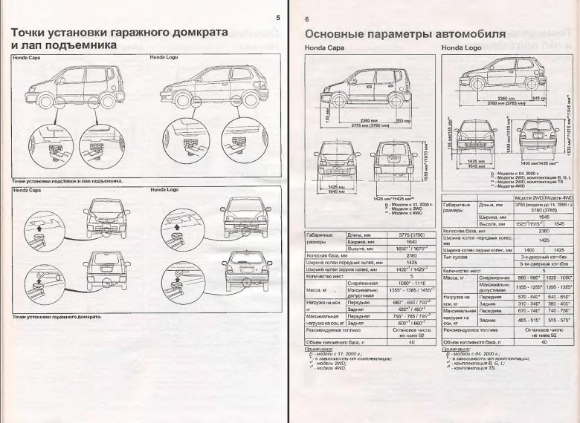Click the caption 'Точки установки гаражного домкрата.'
[58, 317]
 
